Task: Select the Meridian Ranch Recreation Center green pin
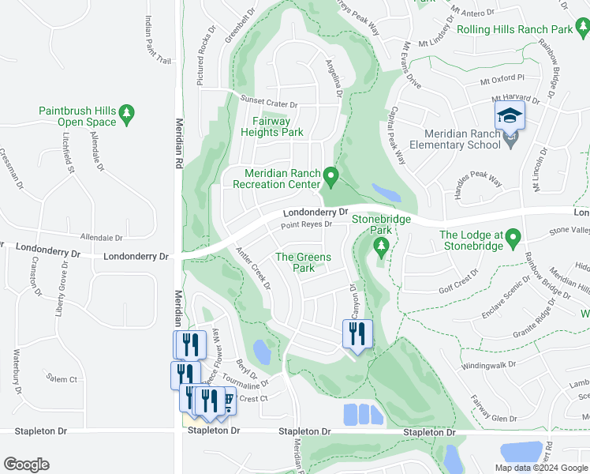(331, 175)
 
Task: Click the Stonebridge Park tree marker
(382, 248)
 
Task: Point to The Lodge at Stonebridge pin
(513, 237)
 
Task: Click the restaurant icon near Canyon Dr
(357, 334)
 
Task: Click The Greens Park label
(304, 262)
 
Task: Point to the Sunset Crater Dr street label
(269, 104)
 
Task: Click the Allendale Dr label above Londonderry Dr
(102, 237)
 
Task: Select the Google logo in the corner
(26, 465)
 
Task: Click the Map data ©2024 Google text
(541, 467)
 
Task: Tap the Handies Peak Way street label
(475, 181)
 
